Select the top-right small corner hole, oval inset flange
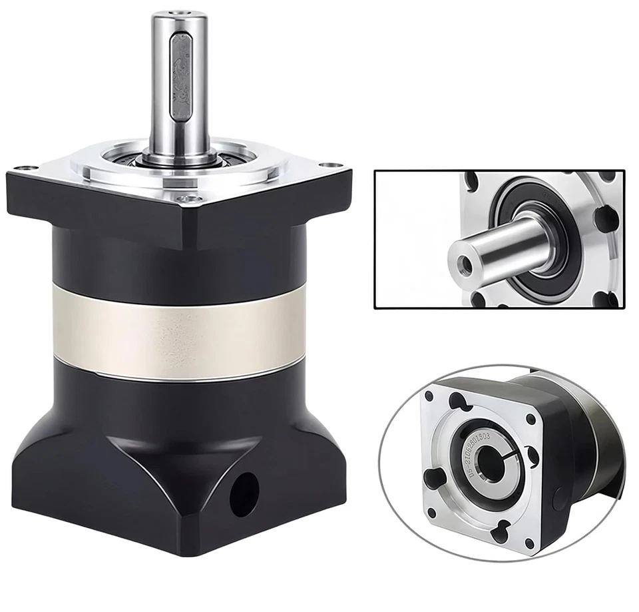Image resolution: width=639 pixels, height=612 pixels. (x=531, y=420)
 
